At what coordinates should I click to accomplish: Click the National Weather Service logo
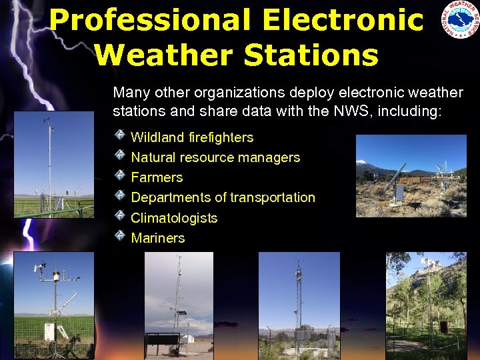[x=459, y=20]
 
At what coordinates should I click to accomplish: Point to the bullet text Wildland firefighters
[x=192, y=137]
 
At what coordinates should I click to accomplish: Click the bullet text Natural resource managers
[x=215, y=157]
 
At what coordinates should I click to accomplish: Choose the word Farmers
[x=157, y=177]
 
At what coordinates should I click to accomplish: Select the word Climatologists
[x=174, y=218]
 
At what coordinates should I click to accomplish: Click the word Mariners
[x=158, y=238]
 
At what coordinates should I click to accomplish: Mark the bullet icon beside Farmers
[x=119, y=176]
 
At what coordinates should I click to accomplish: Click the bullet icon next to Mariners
[x=119, y=236]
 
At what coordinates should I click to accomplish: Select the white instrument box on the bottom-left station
[x=49, y=330]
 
